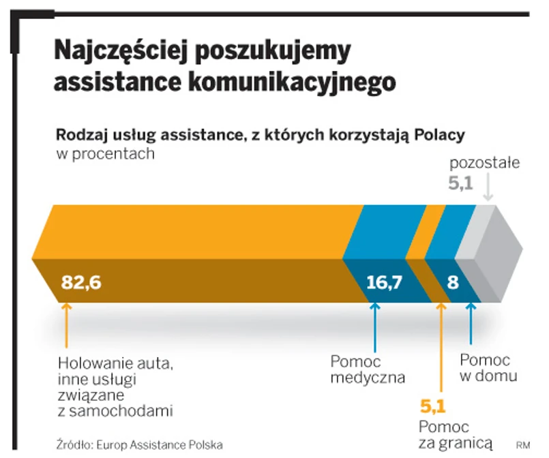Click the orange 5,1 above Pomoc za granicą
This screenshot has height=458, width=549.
432,408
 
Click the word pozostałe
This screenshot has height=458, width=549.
485,164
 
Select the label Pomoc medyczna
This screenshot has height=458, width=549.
368,369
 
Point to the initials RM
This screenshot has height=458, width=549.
523,445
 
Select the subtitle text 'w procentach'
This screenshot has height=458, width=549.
105,154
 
